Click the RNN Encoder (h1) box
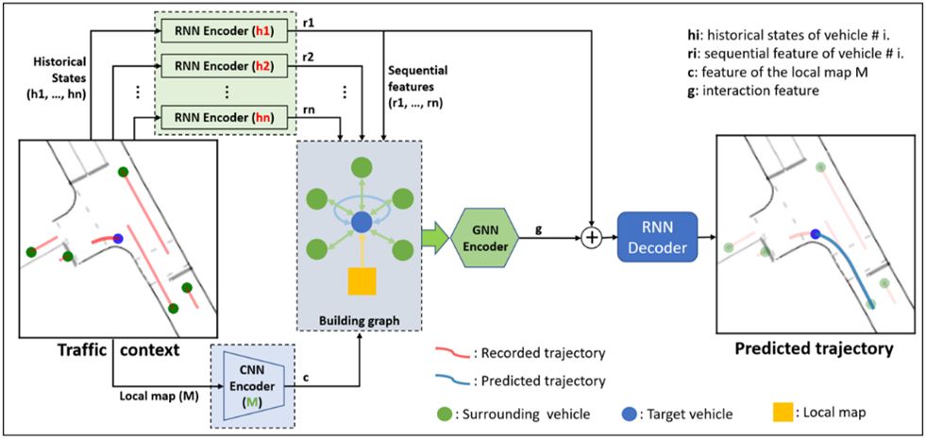click(x=224, y=31)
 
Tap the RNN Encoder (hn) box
click(x=224, y=114)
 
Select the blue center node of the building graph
click(x=361, y=223)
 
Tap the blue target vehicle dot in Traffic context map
click(x=118, y=239)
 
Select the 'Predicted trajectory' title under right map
click(x=815, y=348)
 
